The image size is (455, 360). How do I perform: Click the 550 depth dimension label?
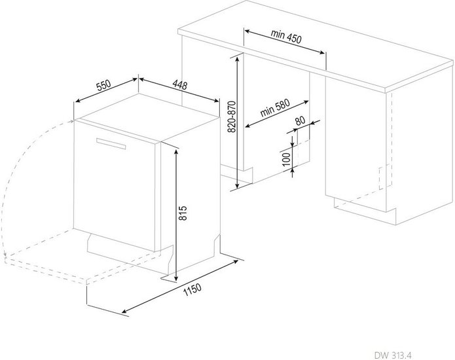coord(103,85)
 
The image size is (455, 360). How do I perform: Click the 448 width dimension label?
coord(180,85)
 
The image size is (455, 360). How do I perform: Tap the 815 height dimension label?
coord(183,213)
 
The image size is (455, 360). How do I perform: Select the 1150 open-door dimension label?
coord(192,289)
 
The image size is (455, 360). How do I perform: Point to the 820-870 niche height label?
coord(232,117)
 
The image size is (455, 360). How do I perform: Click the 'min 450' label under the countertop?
coord(286,36)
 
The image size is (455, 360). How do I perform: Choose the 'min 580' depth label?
coord(275,108)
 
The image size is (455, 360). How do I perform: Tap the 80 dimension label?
coord(300,120)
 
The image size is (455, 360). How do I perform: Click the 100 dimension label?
coord(286,159)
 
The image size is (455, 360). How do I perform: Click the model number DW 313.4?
coord(393,355)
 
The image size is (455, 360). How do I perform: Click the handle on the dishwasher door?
coord(111,143)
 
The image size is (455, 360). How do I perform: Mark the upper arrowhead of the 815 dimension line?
coord(176,152)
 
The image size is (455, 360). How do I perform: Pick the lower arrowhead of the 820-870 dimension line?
coord(238,185)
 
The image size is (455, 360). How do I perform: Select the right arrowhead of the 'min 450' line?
coord(321,52)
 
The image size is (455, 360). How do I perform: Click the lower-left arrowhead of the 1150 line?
coord(125,312)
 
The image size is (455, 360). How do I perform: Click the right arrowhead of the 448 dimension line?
coord(216,101)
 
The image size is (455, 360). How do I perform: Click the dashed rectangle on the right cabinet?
coord(385,177)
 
